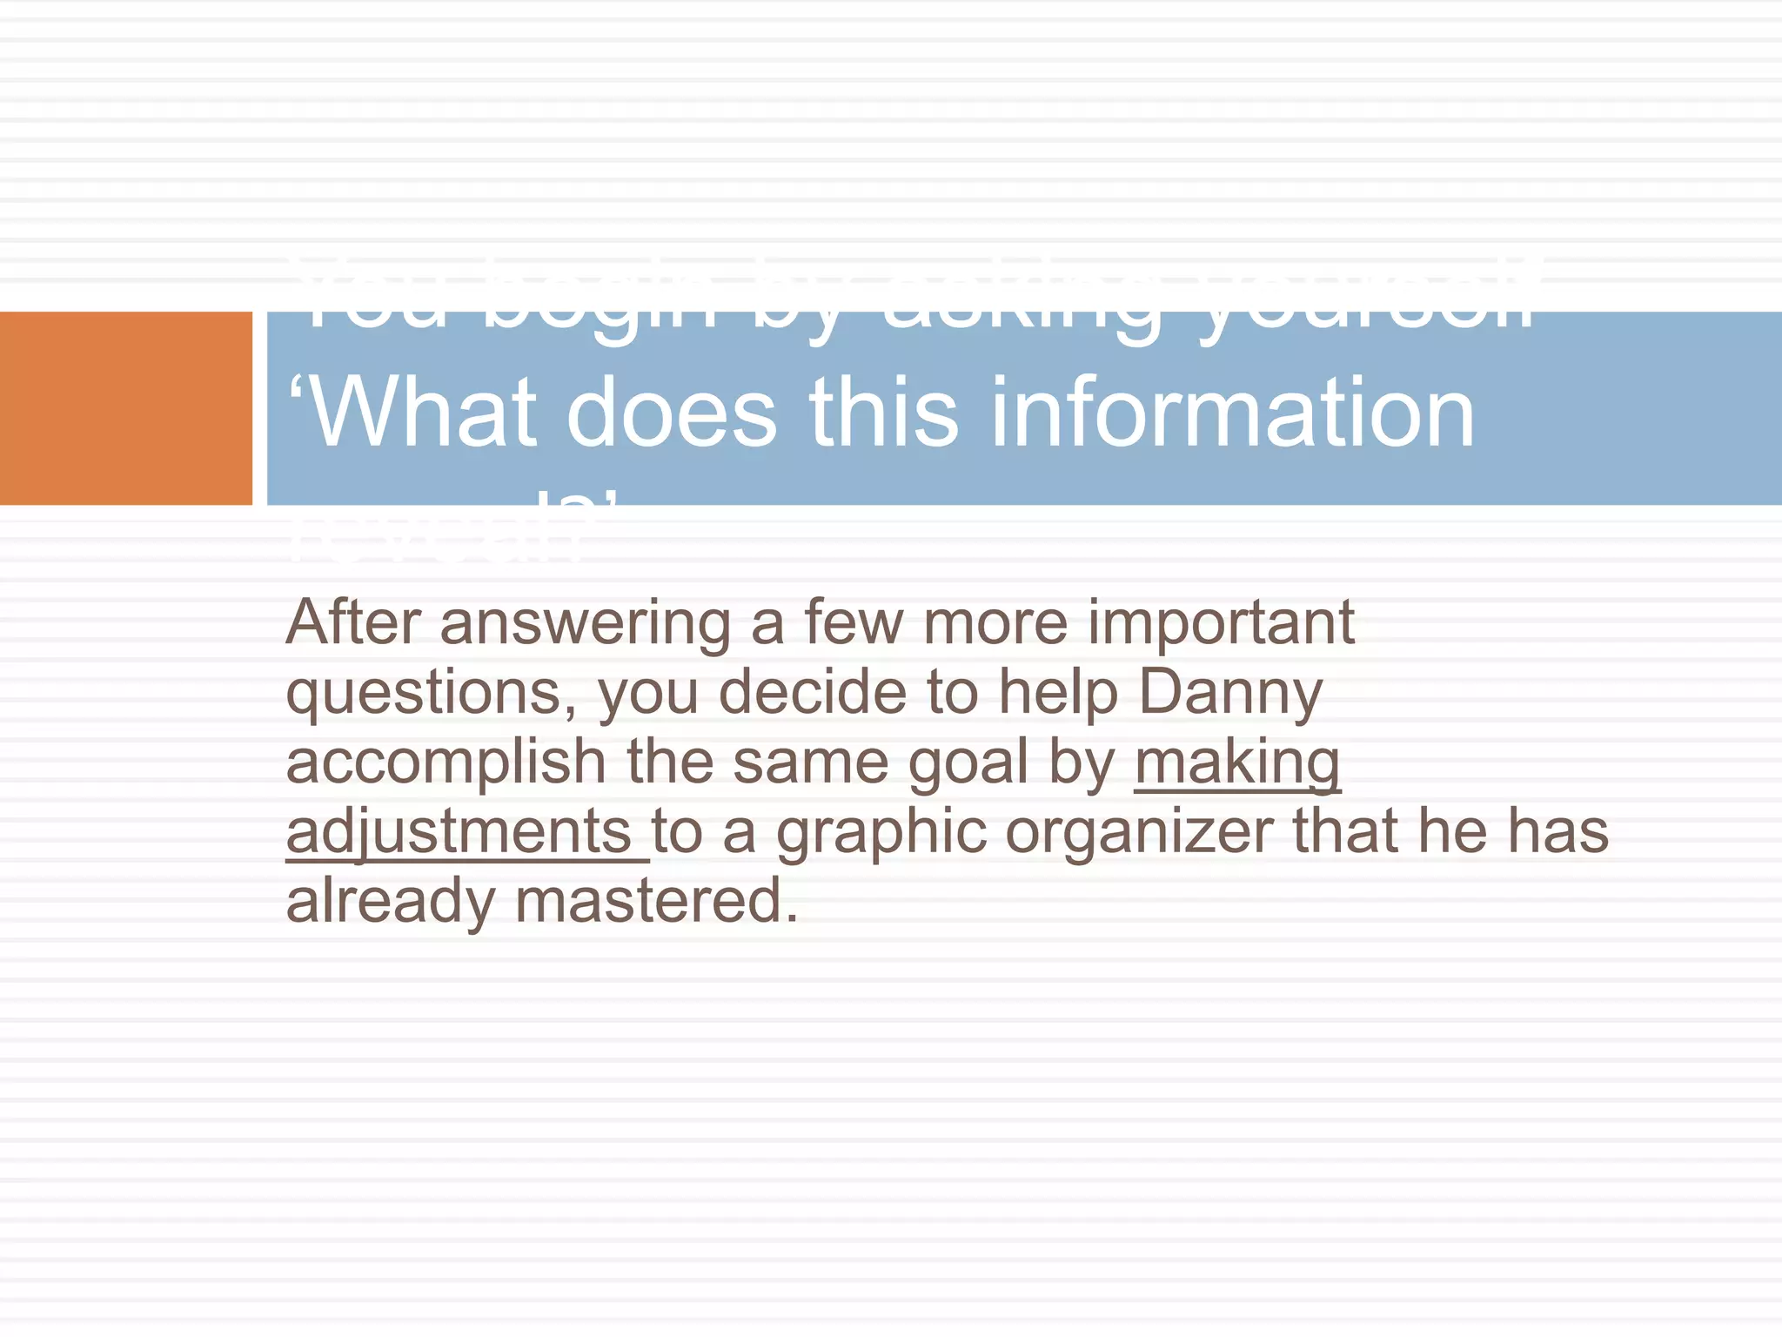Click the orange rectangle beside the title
[x=125, y=408]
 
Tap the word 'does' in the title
[x=671, y=413]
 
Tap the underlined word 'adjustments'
[x=459, y=833]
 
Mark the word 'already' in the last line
[x=391, y=903]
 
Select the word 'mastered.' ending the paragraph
[x=657, y=901]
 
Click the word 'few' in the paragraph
[x=854, y=622]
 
